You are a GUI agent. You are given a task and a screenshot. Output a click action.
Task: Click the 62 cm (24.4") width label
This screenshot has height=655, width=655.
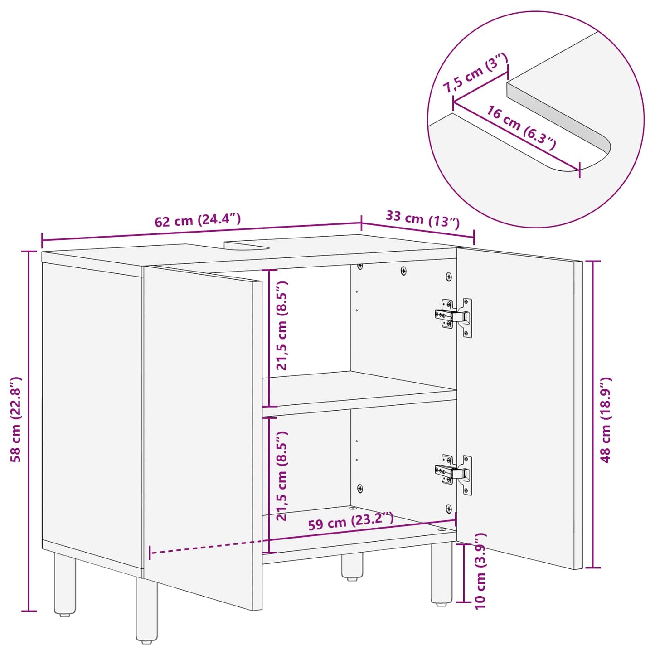[197, 221]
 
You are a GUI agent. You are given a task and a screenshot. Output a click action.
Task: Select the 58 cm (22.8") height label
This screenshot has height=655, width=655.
[16, 419]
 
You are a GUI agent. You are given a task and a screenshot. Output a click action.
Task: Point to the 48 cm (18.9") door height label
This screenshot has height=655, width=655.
[606, 419]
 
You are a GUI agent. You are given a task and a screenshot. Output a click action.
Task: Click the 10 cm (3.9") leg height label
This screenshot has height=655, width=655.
[480, 571]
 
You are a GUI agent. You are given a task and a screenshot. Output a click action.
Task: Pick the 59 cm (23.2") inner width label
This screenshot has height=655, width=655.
[350, 521]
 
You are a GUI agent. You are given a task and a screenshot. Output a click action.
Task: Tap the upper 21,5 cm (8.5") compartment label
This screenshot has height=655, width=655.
[282, 325]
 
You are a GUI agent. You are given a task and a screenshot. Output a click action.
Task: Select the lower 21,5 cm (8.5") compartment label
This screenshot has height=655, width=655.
[282, 475]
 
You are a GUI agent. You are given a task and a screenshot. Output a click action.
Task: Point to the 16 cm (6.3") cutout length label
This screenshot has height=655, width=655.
[521, 128]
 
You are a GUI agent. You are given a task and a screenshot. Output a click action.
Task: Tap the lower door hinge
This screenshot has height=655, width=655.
[453, 472]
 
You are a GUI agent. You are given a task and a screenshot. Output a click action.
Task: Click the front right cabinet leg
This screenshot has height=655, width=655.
[441, 574]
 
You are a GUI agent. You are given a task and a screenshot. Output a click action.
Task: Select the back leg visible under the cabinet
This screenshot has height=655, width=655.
[352, 567]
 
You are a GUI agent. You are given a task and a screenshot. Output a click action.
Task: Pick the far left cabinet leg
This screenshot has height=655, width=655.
[65, 585]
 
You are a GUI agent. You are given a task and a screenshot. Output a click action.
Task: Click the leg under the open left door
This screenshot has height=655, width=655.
[146, 612]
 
